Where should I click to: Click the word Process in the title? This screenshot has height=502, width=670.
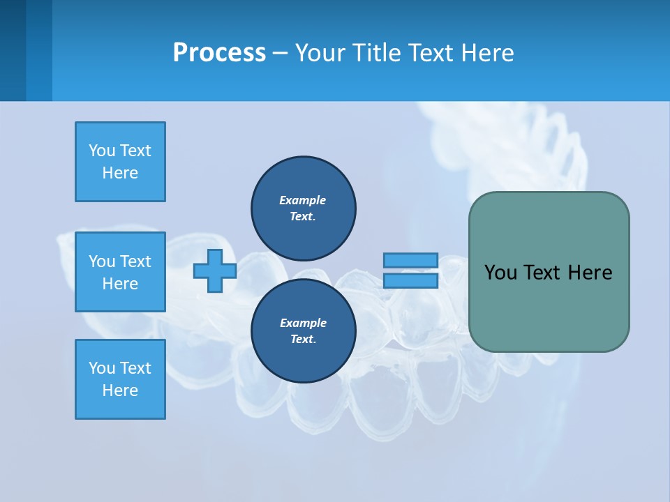click(x=219, y=53)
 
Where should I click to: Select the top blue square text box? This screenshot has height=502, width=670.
click(x=120, y=162)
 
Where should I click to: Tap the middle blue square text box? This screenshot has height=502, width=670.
click(x=120, y=272)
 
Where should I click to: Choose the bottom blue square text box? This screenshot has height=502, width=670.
click(x=120, y=379)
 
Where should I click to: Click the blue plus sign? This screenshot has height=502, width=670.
click(x=215, y=271)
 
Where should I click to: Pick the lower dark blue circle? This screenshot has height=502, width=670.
click(x=303, y=330)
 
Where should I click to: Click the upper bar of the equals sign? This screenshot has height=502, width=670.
click(x=410, y=260)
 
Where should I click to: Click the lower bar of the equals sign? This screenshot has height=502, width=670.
click(x=410, y=281)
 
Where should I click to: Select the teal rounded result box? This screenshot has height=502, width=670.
click(x=549, y=307)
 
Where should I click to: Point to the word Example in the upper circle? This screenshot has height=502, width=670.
click(x=303, y=200)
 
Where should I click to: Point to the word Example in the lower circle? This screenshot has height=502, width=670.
click(x=303, y=323)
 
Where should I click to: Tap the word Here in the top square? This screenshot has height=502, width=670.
click(x=120, y=173)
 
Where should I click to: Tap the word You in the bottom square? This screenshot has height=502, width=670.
click(x=102, y=368)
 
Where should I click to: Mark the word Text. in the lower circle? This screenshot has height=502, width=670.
click(x=303, y=340)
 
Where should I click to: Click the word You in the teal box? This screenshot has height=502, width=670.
click(x=500, y=273)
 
